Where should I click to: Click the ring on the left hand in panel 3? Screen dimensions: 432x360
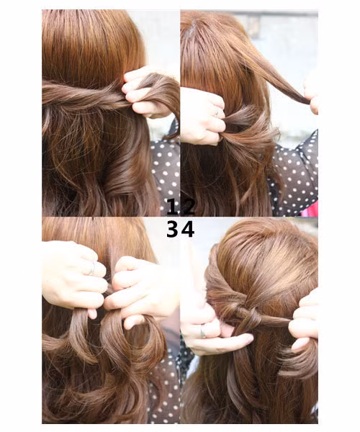[x=91, y=269]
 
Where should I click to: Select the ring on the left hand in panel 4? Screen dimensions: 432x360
[x=204, y=330]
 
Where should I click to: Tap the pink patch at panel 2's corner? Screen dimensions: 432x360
[x=311, y=209]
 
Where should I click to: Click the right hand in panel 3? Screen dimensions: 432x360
[x=140, y=288]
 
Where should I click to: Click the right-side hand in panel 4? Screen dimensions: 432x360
[x=304, y=324]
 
